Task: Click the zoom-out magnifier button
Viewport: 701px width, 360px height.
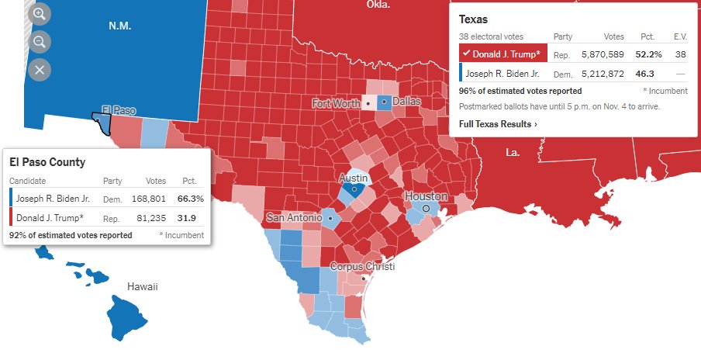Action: tap(40, 41)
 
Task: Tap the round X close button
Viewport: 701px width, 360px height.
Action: tap(40, 70)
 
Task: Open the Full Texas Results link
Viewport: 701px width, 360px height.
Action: tap(498, 124)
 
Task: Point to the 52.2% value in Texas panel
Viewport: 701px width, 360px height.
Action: tap(647, 54)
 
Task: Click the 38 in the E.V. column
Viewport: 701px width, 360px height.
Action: tap(680, 54)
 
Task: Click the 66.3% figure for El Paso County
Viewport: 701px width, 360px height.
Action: tap(191, 199)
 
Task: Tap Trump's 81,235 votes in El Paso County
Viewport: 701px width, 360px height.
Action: tap(150, 219)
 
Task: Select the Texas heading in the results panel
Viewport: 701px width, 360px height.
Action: tap(473, 19)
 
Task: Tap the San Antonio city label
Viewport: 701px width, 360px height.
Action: tap(295, 217)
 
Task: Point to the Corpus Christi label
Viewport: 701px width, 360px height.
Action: tap(362, 267)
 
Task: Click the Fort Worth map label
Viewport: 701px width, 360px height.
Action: tap(337, 103)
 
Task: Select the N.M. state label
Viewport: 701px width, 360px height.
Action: tap(120, 26)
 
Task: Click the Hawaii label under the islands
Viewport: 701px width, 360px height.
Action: tap(143, 287)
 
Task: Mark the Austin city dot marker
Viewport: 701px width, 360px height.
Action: tap(354, 189)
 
